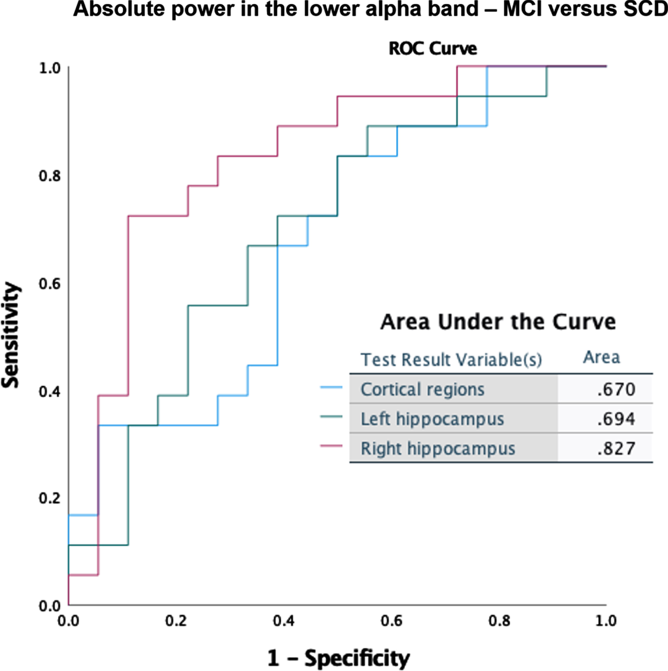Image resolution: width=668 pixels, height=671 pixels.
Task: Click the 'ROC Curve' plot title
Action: click(x=432, y=48)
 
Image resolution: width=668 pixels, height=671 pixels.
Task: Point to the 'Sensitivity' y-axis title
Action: click(x=10, y=335)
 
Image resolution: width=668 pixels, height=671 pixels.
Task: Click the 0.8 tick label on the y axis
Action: click(x=50, y=176)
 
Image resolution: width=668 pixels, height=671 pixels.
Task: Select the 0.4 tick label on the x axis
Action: click(x=284, y=621)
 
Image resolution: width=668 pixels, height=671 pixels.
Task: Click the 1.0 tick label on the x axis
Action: click(x=606, y=621)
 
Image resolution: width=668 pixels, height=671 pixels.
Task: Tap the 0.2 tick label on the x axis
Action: click(x=176, y=621)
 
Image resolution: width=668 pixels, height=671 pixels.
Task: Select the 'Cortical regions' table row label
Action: click(x=423, y=389)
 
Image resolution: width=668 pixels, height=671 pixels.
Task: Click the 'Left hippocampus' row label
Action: click(x=432, y=419)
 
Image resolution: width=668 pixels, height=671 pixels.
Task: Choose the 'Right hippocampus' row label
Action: click(x=438, y=448)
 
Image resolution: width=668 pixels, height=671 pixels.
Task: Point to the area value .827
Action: click(x=616, y=448)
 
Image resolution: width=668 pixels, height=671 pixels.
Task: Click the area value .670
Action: click(x=616, y=389)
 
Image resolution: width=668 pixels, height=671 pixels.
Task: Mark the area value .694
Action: click(x=616, y=419)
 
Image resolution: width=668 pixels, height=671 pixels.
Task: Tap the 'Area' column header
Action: click(x=602, y=357)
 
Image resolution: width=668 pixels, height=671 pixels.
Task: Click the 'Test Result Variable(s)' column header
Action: click(x=451, y=360)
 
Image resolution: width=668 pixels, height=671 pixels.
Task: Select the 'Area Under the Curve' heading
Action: click(x=498, y=322)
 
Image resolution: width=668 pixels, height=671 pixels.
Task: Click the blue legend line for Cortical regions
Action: click(x=331, y=387)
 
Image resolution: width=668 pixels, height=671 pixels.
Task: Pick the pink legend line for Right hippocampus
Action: click(x=331, y=446)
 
